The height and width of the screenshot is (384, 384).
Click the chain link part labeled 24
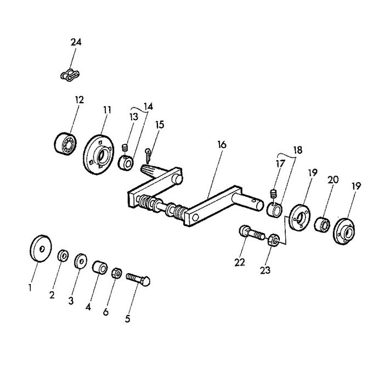point(70,75)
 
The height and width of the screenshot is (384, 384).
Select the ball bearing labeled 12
point(65,144)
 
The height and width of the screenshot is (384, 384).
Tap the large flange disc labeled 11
point(98,155)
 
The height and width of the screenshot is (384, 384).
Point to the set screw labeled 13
point(125,148)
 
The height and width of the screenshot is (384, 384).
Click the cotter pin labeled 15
point(148,155)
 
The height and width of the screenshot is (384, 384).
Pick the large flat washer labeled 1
point(41,249)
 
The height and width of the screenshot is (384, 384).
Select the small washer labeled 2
point(63,256)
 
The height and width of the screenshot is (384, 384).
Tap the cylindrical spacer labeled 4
point(100,267)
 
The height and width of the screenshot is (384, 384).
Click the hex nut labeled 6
point(117,273)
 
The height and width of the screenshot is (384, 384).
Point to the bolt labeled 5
point(138,279)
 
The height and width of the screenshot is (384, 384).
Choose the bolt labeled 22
point(252,233)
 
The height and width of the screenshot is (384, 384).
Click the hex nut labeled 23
point(274,240)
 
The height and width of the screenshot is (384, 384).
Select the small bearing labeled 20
point(322,224)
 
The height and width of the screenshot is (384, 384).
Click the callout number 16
point(222,144)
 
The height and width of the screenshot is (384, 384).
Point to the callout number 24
point(76,42)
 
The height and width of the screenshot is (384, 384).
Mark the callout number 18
point(297,150)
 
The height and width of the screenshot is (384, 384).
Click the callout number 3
point(71,301)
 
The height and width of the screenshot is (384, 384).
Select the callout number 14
point(149,106)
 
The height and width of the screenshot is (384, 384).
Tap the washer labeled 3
point(81,261)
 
